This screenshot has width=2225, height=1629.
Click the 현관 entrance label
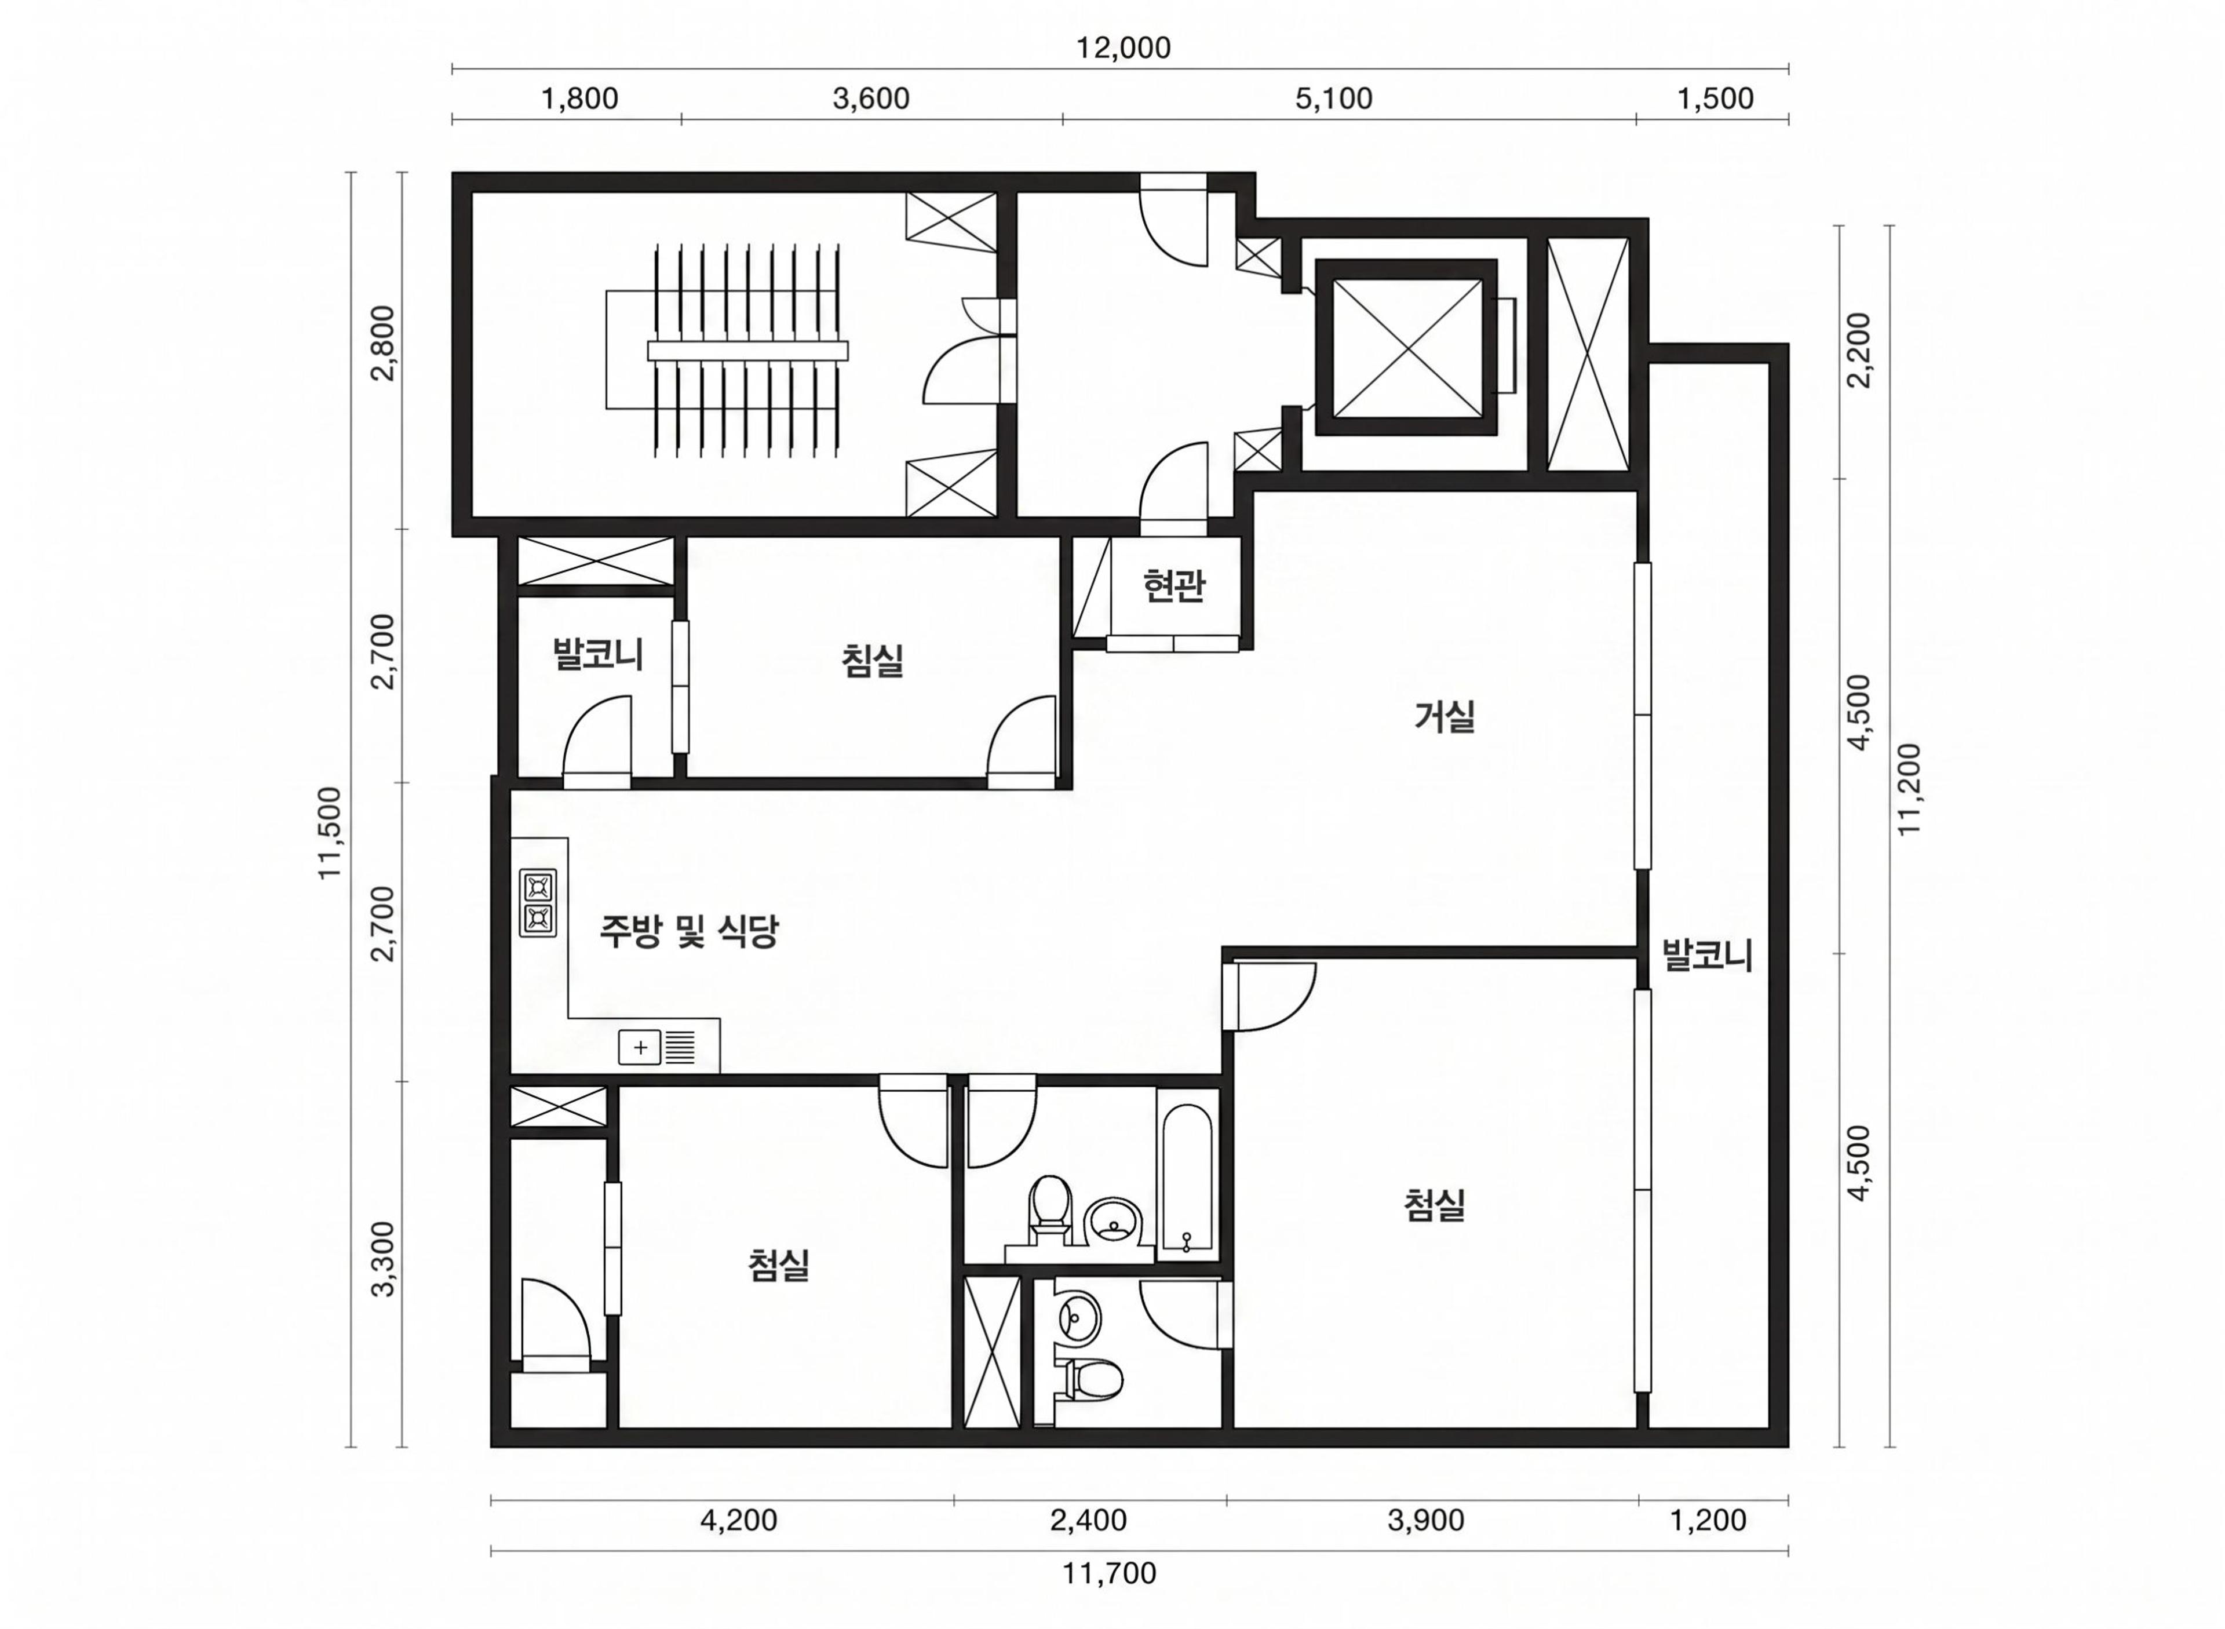coord(1173,586)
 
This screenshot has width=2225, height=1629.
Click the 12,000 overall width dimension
coord(1123,48)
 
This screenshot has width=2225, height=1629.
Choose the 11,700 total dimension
coord(1109,1573)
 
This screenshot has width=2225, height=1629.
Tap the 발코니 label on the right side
coord(1708,954)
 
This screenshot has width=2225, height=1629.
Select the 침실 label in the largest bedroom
coord(1434,1204)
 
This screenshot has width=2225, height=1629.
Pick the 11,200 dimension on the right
coord(1910,789)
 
